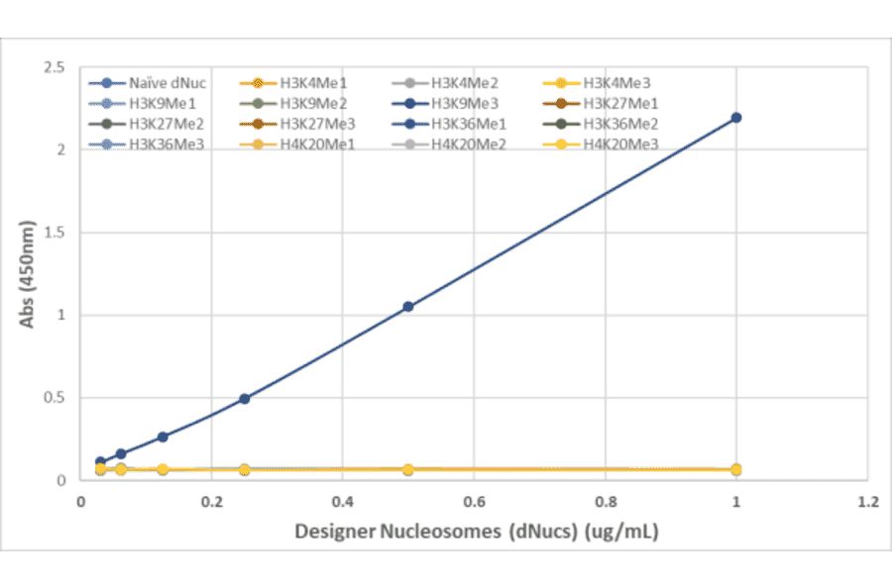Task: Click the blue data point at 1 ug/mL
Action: pos(735,118)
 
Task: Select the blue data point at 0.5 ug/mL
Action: pos(407,307)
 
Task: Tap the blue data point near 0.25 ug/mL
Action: pos(244,399)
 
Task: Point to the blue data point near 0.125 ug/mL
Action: pos(163,437)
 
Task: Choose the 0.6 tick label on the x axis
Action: pos(473,501)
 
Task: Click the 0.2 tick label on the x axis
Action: pos(211,501)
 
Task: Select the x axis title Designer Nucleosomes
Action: pos(476,532)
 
